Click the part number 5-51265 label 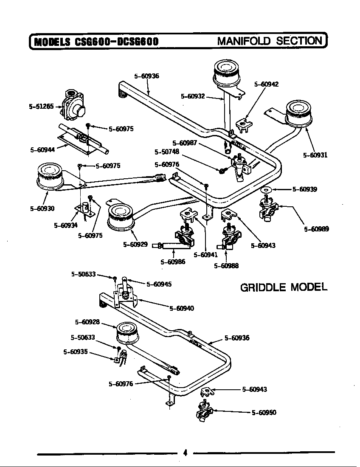click(x=41, y=106)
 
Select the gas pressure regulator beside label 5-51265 click(x=73, y=105)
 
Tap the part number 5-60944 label click(x=42, y=150)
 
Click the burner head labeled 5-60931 click(x=299, y=114)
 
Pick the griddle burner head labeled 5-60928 click(x=127, y=334)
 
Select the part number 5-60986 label click(x=173, y=262)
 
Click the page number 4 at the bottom click(x=185, y=453)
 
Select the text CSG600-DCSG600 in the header click(x=117, y=42)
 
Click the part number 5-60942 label click(x=266, y=84)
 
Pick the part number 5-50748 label click(x=167, y=152)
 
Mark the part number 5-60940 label click(x=182, y=308)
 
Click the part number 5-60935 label click(x=76, y=352)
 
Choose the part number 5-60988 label click(x=226, y=266)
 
